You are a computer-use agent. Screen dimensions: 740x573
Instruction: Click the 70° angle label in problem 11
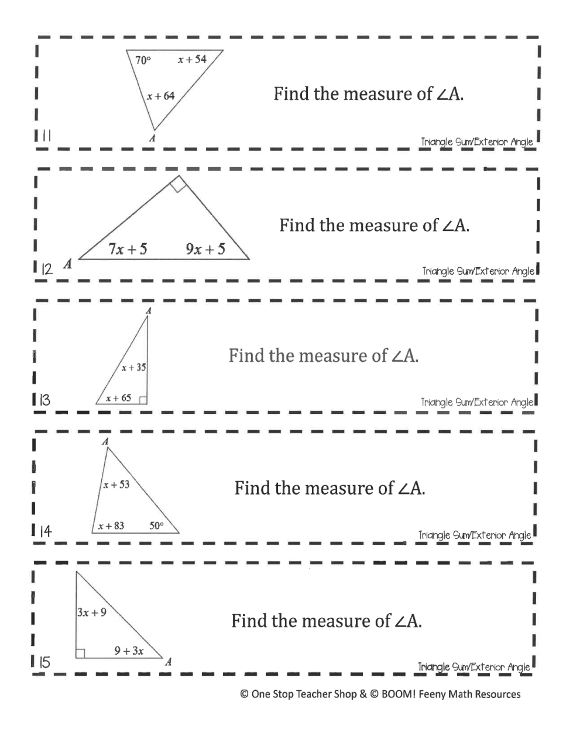[143, 60]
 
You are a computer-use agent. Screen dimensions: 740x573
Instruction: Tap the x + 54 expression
[192, 60]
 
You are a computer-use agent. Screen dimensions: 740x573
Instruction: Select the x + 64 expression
[160, 96]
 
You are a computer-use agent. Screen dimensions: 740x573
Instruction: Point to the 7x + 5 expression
[128, 250]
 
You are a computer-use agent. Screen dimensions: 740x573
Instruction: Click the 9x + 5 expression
[205, 250]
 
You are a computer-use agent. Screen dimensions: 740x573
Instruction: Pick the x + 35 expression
[133, 368]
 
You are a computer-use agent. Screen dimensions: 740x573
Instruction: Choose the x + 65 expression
[118, 398]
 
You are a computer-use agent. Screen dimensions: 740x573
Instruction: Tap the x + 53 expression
[116, 485]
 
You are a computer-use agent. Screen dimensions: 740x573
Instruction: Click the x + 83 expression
[111, 526]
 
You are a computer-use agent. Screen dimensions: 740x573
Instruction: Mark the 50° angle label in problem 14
[156, 526]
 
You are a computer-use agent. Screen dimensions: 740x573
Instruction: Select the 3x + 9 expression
[92, 613]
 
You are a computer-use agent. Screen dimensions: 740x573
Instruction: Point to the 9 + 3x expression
[129, 651]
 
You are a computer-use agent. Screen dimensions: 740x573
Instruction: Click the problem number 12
[46, 269]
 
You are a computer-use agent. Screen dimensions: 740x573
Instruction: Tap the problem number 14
[45, 531]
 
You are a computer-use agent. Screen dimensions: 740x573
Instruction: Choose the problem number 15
[44, 663]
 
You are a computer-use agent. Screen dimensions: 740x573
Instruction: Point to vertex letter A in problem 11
[152, 139]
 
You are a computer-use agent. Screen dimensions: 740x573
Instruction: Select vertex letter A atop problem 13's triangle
[148, 311]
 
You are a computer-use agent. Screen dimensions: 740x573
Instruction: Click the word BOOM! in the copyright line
[398, 694]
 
